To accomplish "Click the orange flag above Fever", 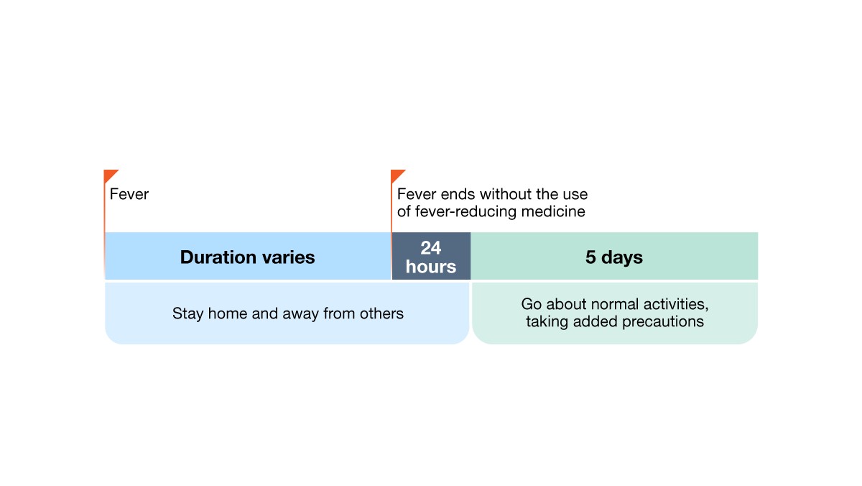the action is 110,176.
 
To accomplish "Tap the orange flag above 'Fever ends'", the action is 397,176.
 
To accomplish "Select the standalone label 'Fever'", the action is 129,194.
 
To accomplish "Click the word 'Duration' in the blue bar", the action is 220,257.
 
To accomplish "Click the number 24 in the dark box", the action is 430,247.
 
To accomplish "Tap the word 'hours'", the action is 430,267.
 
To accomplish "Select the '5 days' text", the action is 613,257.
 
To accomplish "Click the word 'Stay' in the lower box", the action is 187,313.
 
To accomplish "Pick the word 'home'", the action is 228,313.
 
